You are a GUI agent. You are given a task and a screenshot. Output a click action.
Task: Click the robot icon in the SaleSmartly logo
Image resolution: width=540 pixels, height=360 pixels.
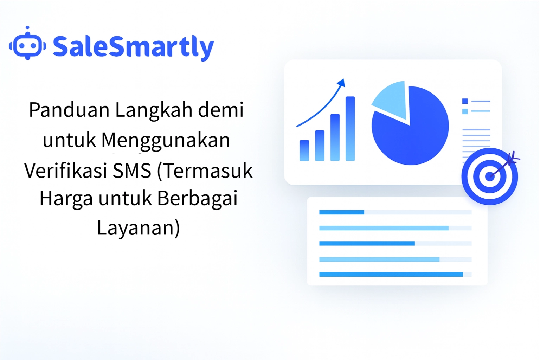27,45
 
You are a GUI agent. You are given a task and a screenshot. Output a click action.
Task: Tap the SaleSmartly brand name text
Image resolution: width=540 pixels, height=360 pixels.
133,46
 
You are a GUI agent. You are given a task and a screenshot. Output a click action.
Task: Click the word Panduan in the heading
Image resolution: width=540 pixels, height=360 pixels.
69,110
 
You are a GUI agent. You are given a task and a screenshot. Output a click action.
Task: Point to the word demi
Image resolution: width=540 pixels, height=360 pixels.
221,110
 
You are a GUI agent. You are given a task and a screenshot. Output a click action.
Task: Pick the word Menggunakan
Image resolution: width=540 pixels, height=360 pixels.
166,140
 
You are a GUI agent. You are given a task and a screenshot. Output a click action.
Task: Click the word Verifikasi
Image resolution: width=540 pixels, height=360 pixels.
65,171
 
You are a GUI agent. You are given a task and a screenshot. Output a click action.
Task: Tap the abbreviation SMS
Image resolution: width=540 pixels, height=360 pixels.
132,171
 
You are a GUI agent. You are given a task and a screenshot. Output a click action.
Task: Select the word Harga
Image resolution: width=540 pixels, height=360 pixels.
66,198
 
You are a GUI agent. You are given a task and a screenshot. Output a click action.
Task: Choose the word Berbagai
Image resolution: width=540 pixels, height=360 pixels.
197,198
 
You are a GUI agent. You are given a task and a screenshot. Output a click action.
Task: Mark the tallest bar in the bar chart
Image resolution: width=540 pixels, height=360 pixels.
350,128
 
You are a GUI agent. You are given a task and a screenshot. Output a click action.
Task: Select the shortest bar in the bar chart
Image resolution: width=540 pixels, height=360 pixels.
304,150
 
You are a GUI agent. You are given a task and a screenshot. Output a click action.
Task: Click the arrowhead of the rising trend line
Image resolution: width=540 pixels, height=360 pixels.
341,83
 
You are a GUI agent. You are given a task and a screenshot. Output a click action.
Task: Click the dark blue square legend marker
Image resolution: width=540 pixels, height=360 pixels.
465,101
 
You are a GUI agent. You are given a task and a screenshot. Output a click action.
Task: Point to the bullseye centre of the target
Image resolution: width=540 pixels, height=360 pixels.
489,176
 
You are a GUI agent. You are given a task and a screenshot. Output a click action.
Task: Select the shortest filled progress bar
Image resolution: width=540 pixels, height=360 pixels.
341,212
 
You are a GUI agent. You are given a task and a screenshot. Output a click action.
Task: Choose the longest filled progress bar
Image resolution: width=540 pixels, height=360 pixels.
391,275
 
